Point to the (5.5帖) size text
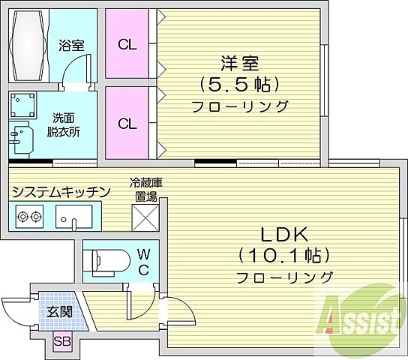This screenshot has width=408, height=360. (x=240, y=82)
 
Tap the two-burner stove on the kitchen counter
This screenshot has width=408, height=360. (x=28, y=218)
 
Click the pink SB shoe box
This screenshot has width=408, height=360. (x=61, y=341)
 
